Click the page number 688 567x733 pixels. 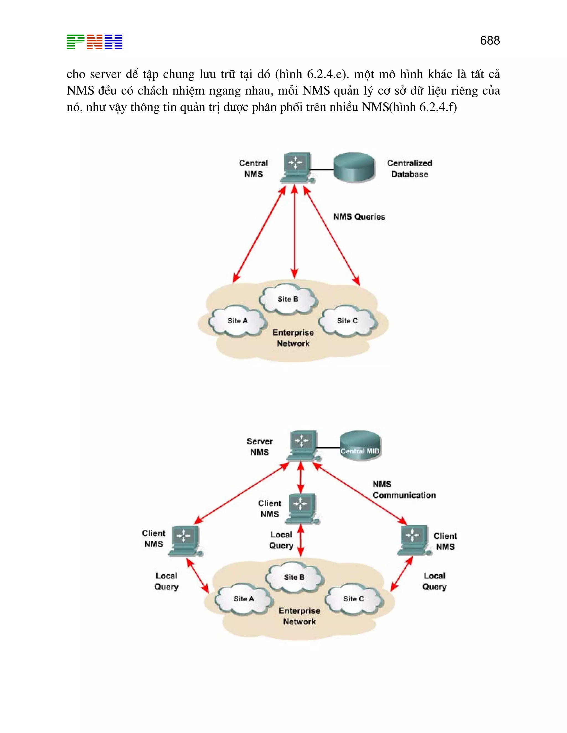489,41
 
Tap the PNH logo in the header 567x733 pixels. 94,42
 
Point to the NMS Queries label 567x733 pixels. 359,217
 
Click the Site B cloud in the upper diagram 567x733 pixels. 288,299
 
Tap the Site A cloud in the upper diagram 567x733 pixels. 238,321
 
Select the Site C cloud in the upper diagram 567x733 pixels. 347,321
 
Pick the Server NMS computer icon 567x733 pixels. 302,445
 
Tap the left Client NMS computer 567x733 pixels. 185,540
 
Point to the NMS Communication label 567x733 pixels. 403,490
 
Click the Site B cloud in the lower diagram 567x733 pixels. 294,577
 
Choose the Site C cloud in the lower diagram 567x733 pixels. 353,599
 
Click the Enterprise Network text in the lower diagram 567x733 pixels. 299,616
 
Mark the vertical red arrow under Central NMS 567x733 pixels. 295,232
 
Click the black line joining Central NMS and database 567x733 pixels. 321,170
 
